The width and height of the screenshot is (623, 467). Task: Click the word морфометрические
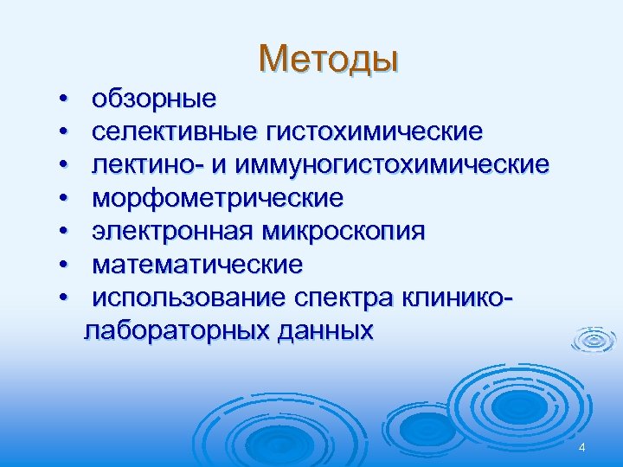tap(217, 198)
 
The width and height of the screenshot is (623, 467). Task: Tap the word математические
tap(197, 264)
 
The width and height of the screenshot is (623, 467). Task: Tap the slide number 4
tap(582, 447)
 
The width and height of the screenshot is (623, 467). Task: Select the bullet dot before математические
tap(64, 265)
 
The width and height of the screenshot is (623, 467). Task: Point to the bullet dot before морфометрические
tap(64, 199)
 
